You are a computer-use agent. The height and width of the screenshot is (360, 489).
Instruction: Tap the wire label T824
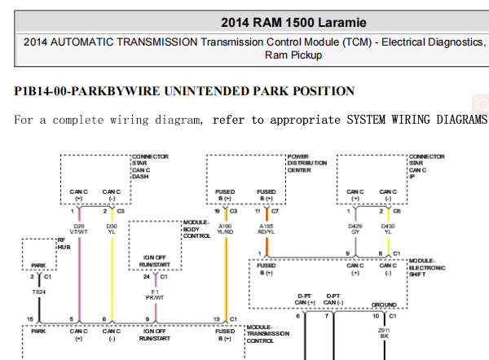coord(38,291)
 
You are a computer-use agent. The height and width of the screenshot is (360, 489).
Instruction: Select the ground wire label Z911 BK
coord(385,333)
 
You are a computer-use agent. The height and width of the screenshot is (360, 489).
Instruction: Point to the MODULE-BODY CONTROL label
coord(196,229)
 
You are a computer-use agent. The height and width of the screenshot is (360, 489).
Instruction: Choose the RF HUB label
coord(61,242)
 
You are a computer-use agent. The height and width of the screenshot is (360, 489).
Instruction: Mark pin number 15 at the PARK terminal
coord(30,318)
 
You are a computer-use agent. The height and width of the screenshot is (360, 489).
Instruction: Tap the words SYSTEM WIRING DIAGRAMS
coord(416,120)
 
